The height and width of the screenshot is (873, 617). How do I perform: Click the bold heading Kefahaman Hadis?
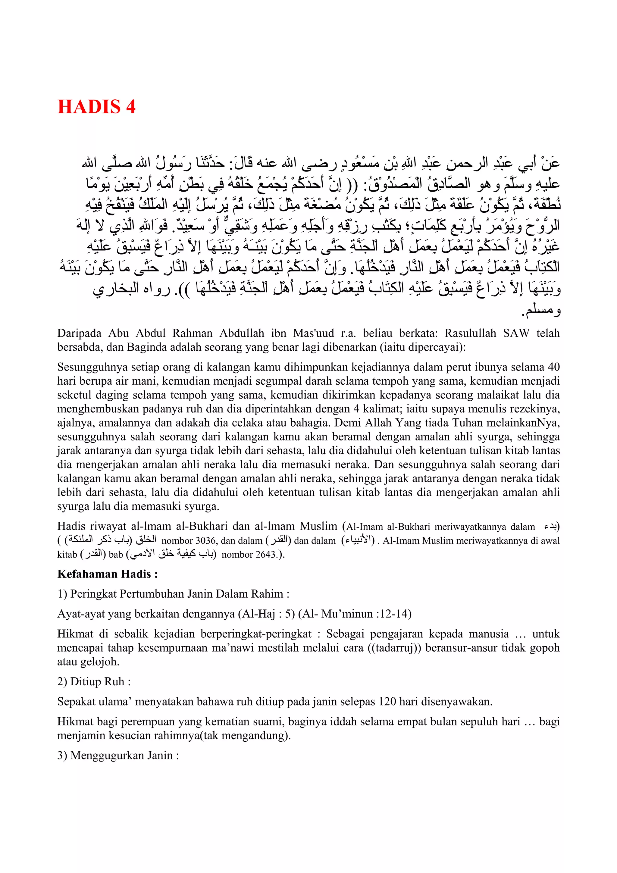point(107,574)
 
